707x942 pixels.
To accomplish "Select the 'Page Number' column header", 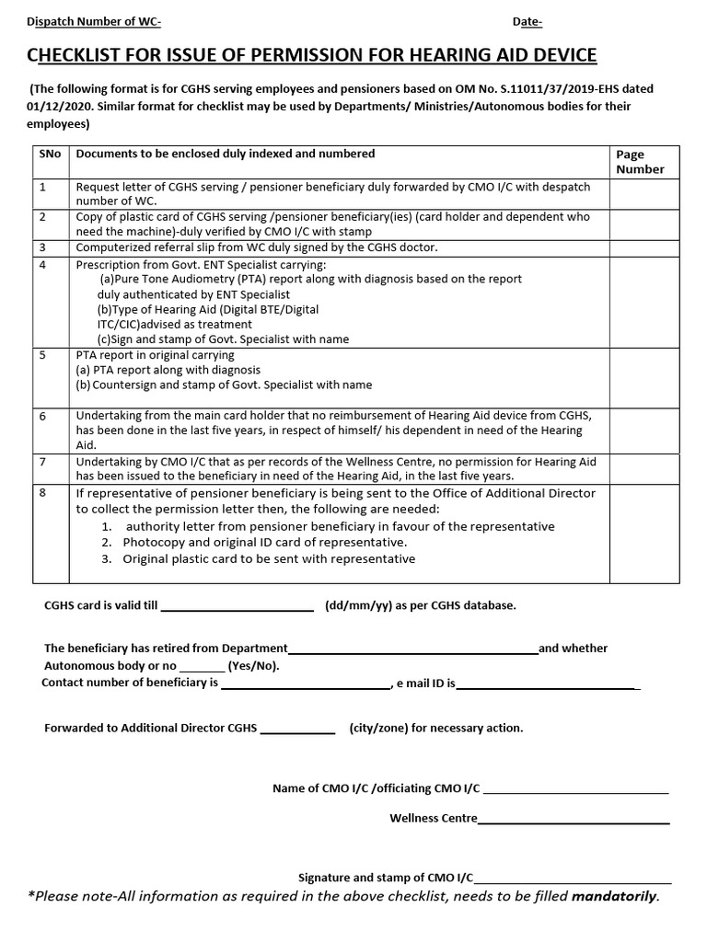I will [640, 162].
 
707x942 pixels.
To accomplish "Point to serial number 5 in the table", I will [42, 355].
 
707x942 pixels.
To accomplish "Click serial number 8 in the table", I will [42, 494].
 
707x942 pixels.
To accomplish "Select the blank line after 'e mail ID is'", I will [546, 686].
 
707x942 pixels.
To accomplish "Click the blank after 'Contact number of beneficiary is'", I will [305, 686].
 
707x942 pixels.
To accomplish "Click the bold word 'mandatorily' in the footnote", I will [614, 896].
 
